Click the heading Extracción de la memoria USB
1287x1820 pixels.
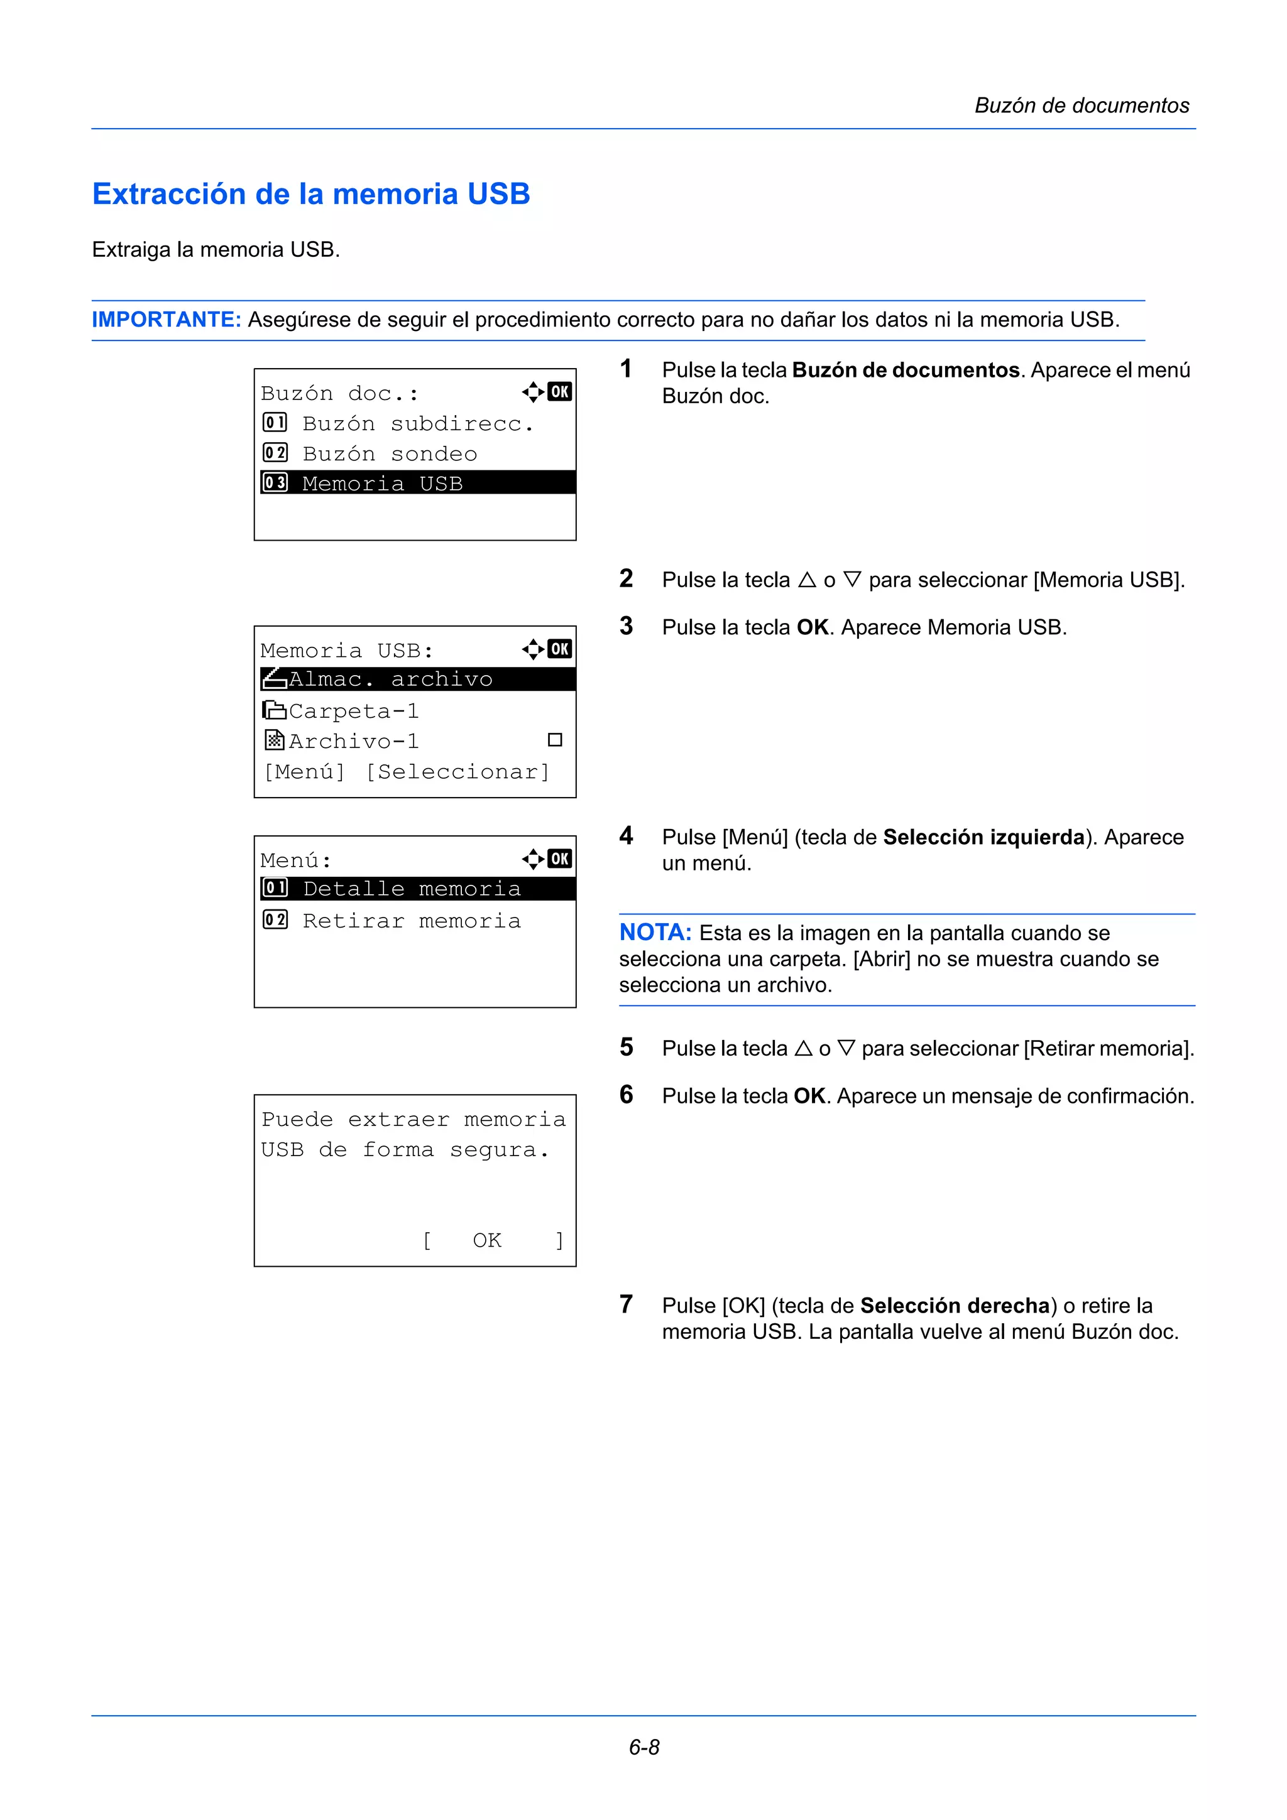tap(311, 194)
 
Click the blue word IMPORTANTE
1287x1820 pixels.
tap(166, 320)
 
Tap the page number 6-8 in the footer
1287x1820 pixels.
tap(644, 1747)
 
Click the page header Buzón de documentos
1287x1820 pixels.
tap(1082, 106)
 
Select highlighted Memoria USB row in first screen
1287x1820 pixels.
tap(417, 483)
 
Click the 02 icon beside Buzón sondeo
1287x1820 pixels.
tap(275, 453)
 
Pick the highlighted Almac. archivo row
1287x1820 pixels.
tap(417, 680)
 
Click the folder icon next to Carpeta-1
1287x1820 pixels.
tap(275, 710)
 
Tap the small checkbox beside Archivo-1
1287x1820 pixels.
tap(555, 740)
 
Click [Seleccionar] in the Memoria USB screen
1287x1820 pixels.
tap(457, 771)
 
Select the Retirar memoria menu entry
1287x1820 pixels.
tap(412, 920)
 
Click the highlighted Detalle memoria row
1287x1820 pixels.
tap(417, 889)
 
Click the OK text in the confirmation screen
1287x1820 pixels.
tap(487, 1240)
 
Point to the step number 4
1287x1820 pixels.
tap(627, 835)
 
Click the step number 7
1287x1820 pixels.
tap(627, 1304)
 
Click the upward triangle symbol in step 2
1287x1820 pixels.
tap(808, 580)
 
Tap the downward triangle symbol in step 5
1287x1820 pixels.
tap(846, 1048)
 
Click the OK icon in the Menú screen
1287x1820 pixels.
tap(560, 859)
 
